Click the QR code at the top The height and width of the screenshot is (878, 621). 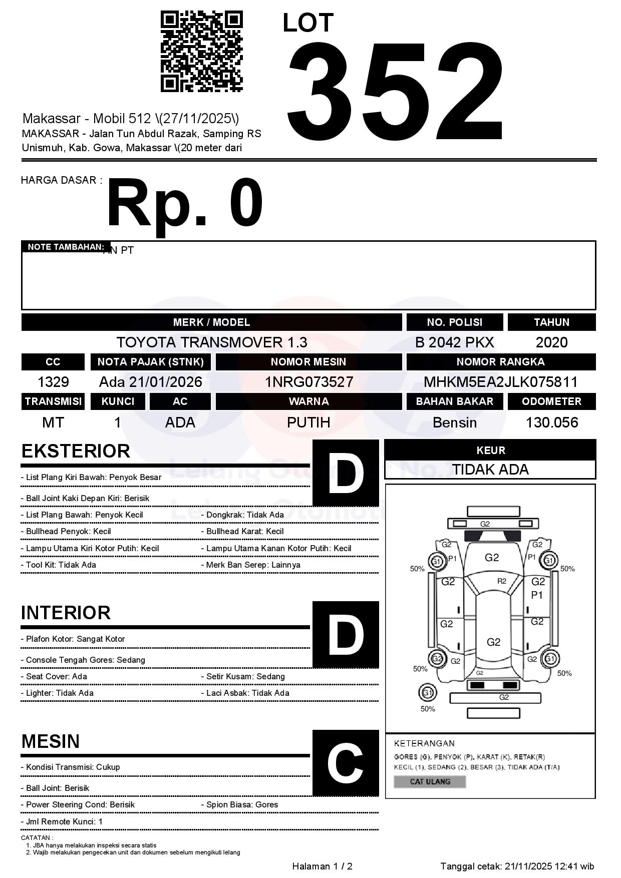coord(201,52)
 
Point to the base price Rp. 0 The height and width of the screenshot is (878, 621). coord(185,203)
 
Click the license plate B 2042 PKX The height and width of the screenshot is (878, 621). coord(454,342)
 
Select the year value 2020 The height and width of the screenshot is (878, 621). coord(551,342)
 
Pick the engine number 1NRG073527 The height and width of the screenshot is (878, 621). coord(308,382)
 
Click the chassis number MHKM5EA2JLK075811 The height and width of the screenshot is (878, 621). coord(500,382)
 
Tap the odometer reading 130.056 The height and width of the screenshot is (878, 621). coord(551,422)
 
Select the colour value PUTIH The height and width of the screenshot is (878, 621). coord(308,422)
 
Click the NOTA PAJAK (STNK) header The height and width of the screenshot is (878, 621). coord(150,361)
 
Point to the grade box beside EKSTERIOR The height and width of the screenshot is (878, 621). coord(346,473)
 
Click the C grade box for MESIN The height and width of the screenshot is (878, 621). coord(346,763)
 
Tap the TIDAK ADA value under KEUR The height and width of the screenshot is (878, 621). coord(490,470)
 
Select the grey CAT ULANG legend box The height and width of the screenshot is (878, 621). coord(430,781)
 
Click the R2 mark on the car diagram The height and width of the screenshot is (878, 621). coord(501,581)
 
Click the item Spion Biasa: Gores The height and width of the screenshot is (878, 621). coord(242,804)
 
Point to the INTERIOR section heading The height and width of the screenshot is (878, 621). coord(66,613)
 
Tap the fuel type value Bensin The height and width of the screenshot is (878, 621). coord(454,422)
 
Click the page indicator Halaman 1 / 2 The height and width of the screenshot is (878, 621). coord(322,866)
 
